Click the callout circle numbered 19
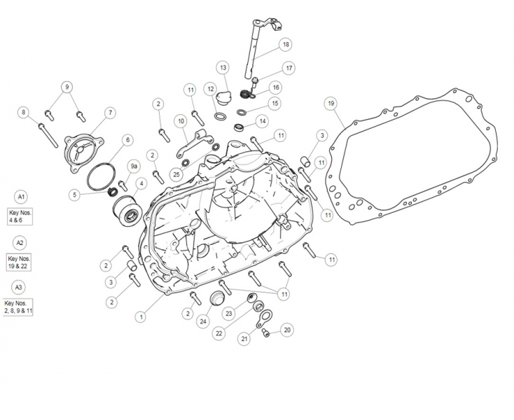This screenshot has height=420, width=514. point(331,103)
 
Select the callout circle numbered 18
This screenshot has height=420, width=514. point(285,44)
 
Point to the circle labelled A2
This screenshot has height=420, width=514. point(20,242)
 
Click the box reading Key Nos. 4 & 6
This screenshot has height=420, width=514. point(20,216)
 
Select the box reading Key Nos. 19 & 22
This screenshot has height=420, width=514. point(20,262)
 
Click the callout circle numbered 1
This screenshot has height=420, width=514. point(141,316)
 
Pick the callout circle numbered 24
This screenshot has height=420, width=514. point(203,321)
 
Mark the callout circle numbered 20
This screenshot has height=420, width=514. point(287,329)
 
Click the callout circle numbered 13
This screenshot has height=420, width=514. point(223,68)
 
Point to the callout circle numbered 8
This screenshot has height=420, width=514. point(24,112)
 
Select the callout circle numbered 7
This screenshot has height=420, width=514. point(110,112)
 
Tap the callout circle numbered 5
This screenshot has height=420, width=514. point(75,195)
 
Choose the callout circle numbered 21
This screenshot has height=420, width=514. point(244,339)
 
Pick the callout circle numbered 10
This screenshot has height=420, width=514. point(181,121)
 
